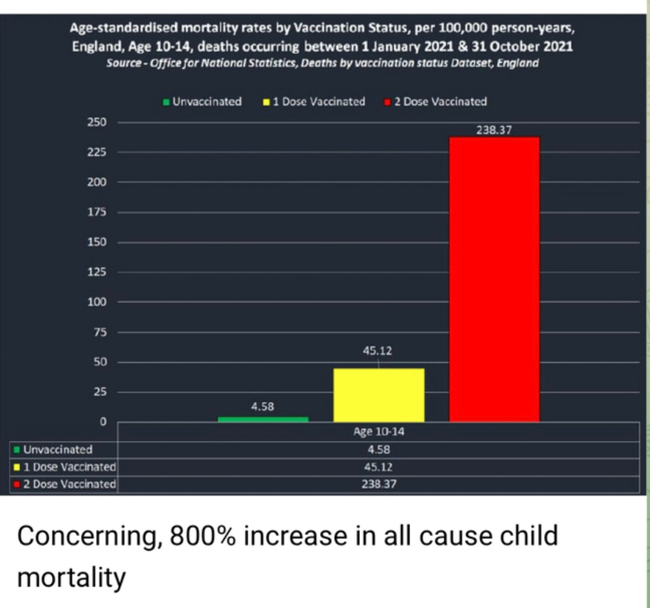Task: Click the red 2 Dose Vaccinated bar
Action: [x=494, y=279]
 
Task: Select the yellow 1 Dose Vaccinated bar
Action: [x=378, y=395]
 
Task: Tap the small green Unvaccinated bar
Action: [x=263, y=419]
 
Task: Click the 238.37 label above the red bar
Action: [x=493, y=130]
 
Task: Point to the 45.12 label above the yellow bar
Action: [x=378, y=351]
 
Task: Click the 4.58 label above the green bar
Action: [x=263, y=406]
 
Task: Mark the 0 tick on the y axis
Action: [x=103, y=422]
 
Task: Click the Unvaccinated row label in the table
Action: [x=58, y=450]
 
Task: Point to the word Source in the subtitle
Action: [x=124, y=64]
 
